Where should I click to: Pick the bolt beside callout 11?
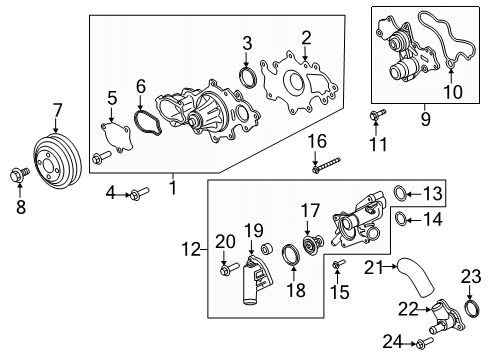375,118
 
